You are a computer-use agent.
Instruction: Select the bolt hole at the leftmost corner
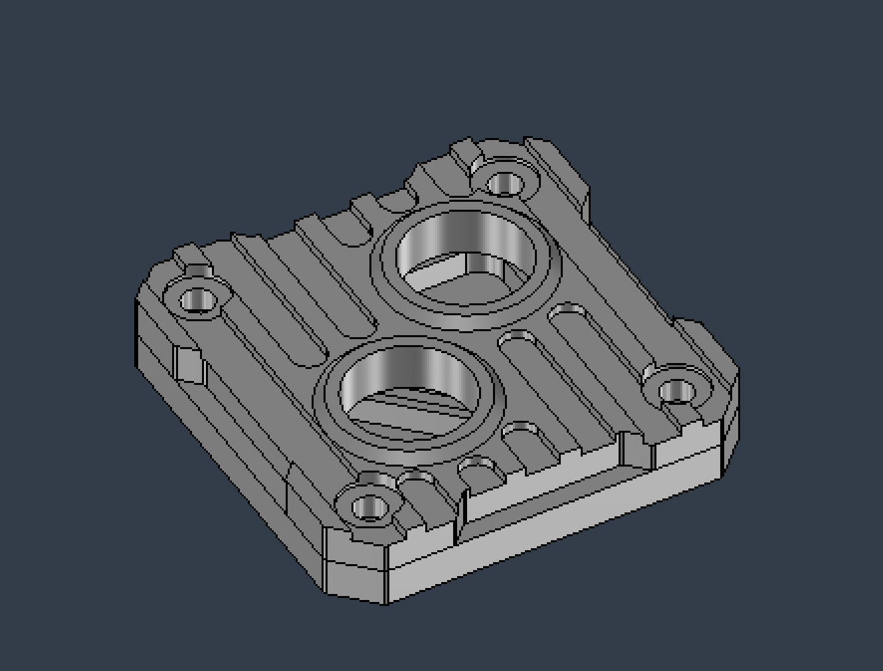[x=197, y=301]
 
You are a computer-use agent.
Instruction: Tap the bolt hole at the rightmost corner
[x=676, y=391]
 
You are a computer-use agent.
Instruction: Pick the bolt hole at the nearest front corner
[x=369, y=509]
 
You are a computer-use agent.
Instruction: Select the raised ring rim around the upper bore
[x=465, y=306]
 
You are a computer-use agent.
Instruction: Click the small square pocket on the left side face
[x=189, y=364]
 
